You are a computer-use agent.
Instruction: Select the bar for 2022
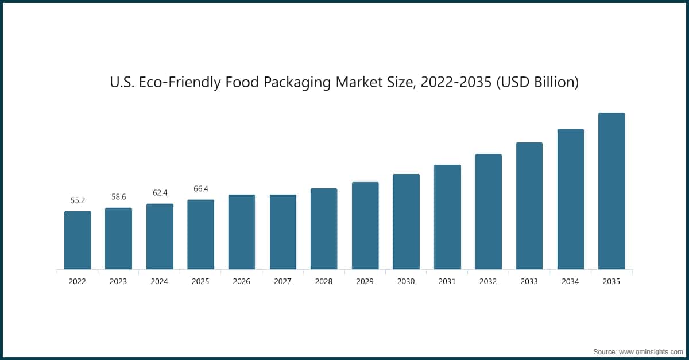tap(78, 240)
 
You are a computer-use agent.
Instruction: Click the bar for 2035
tap(611, 191)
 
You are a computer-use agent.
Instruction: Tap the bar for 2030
tap(406, 221)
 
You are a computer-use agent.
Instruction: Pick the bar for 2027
tap(283, 231)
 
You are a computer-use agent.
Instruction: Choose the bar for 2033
tap(529, 206)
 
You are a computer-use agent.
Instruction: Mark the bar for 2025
tap(200, 234)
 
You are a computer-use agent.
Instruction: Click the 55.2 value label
tap(78, 200)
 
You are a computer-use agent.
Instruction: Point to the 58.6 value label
tap(119, 197)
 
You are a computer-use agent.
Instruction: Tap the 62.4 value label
tap(160, 193)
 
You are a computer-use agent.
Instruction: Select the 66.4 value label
tap(200, 188)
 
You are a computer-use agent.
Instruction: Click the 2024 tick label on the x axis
tap(160, 282)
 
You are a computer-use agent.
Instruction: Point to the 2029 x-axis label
tap(365, 282)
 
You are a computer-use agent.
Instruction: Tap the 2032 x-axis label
tap(488, 282)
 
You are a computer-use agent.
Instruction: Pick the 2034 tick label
tap(570, 282)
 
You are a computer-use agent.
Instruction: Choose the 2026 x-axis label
tap(242, 282)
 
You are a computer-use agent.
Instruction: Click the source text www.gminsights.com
tap(652, 350)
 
